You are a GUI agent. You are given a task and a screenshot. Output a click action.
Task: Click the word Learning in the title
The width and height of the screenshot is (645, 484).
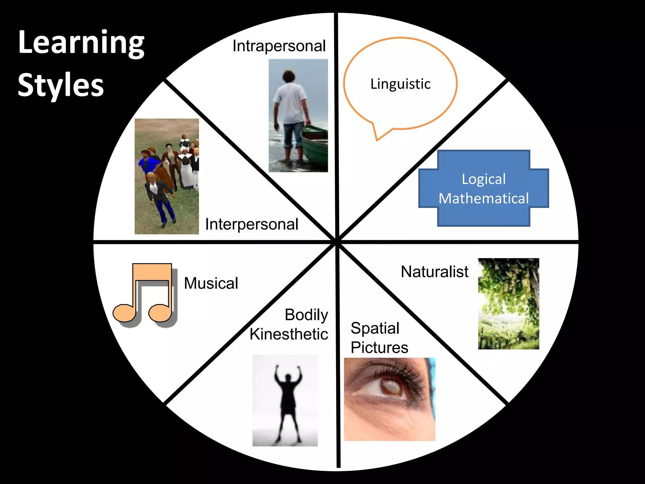pos(81,43)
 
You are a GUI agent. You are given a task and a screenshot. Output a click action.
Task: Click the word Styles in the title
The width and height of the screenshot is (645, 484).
pos(61,85)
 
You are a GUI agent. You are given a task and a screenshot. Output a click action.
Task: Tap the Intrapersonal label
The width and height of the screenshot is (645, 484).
pos(279,46)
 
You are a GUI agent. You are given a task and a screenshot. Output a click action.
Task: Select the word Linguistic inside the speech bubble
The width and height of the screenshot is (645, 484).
pos(400,84)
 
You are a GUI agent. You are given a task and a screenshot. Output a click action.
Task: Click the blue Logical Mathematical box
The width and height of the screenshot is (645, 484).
pos(484,188)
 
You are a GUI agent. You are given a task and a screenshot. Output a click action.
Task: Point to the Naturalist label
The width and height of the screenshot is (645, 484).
pos(435,272)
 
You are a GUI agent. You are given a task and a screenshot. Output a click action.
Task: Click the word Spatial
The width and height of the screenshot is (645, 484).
pos(375,328)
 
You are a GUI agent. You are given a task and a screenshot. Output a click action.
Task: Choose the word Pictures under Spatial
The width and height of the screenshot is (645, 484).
pos(380,348)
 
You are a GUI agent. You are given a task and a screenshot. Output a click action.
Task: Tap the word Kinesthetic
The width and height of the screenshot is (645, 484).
pos(289,334)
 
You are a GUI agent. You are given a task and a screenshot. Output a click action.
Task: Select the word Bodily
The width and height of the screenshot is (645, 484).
pos(306,315)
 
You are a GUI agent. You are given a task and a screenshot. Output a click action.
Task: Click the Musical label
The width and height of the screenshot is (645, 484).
pos(211,283)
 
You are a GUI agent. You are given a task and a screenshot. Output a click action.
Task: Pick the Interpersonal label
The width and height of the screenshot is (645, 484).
pos(252,224)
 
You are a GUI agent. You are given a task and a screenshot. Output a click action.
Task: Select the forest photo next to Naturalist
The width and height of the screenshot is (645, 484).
pos(508,303)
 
